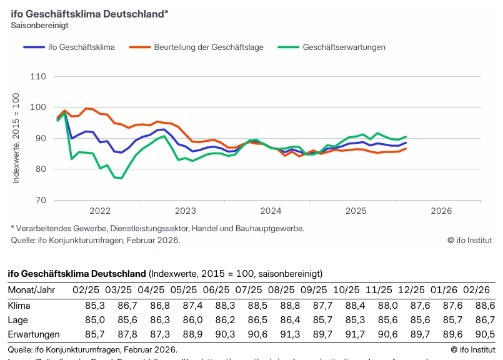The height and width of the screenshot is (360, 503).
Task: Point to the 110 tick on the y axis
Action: tap(38, 76)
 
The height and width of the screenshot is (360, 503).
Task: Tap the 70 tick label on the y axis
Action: tap(41, 200)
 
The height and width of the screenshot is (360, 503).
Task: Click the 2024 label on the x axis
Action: tap(271, 211)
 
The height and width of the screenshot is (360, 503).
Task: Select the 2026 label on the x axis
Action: tap(441, 211)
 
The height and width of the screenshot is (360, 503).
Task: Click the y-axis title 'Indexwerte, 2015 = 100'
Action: tap(17, 138)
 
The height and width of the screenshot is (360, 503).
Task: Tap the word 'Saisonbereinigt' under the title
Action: tap(39, 26)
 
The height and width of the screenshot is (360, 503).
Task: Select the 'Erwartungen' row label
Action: tap(34, 334)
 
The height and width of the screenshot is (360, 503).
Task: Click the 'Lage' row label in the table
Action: tap(19, 320)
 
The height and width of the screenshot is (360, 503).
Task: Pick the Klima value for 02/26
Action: tap(484, 306)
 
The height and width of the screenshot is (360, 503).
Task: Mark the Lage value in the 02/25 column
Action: tap(94, 320)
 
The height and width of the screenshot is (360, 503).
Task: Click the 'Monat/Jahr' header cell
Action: tap(31, 291)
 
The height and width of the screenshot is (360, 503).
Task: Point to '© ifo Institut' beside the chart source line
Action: tap(469, 240)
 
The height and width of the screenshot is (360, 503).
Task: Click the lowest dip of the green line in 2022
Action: tap(121, 178)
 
